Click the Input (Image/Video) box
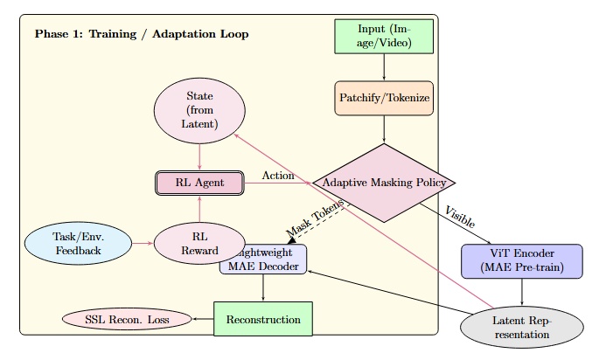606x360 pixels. tap(384, 37)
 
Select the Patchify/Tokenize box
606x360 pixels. tap(384, 98)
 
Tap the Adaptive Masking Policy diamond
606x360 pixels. tap(384, 183)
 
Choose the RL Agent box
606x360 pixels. tap(199, 183)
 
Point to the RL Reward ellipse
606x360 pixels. tap(199, 243)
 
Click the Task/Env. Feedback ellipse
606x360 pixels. tap(80, 243)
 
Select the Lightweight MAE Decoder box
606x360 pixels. tap(263, 260)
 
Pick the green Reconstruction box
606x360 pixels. tap(263, 320)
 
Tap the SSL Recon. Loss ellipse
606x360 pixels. tap(127, 320)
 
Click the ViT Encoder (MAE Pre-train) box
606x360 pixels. tap(522, 261)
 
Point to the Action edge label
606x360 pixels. tap(278, 176)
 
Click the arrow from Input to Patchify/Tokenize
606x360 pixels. tap(384, 67)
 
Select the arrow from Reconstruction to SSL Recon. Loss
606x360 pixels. tap(203, 320)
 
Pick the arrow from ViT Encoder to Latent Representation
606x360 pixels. tap(522, 293)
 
